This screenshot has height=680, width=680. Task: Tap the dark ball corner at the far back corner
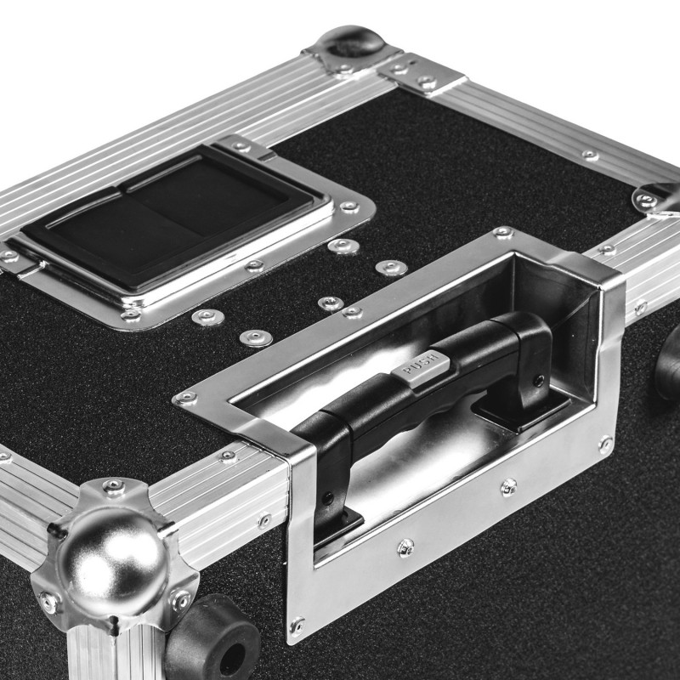(350, 42)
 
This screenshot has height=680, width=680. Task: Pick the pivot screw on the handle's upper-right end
(538, 379)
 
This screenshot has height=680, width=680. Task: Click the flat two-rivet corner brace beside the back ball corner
(422, 76)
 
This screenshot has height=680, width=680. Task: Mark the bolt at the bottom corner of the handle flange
(296, 627)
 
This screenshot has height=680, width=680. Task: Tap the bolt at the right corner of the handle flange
(605, 443)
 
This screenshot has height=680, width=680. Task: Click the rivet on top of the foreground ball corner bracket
(113, 487)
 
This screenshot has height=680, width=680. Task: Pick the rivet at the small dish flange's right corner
(348, 207)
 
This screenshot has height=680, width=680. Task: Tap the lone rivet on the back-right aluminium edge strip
(588, 155)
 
